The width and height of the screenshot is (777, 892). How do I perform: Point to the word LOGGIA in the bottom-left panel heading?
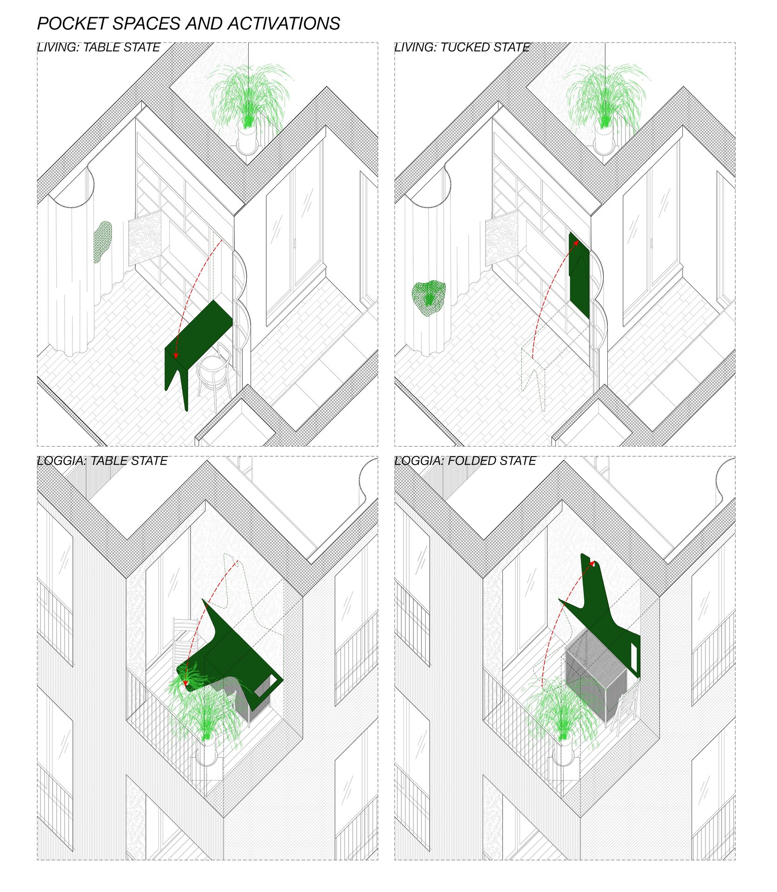pos(61,461)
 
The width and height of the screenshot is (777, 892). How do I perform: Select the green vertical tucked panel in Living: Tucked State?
pos(579,275)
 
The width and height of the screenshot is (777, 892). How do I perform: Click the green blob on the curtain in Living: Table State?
pos(103,242)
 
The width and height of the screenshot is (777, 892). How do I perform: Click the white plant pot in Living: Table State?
pos(247,138)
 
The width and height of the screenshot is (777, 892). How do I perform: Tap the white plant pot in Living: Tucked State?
pos(604,138)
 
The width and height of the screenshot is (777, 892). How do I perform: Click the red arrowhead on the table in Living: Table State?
pos(176,355)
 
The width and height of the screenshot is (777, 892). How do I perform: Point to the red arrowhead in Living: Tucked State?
pos(576,242)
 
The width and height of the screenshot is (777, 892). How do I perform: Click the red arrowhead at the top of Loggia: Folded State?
pos(594,564)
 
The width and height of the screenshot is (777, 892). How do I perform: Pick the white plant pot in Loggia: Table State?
pos(206,753)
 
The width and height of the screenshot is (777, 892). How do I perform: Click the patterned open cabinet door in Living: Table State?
pos(145,237)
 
